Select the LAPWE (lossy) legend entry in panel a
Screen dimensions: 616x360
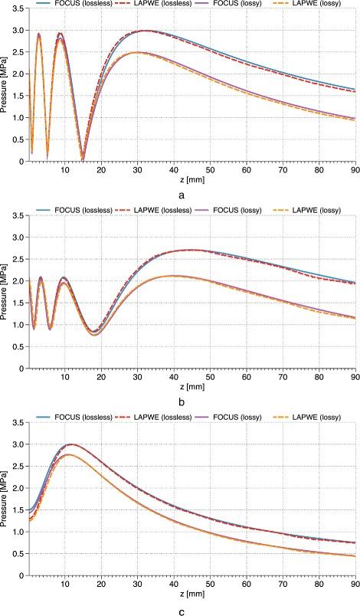click(x=309, y=5)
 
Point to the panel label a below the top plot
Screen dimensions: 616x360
click(x=181, y=195)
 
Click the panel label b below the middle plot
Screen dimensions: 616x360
click(x=181, y=401)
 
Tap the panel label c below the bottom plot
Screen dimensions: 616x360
click(x=181, y=609)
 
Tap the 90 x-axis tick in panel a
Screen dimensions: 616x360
click(x=355, y=169)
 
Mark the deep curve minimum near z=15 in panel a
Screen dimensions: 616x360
click(x=83, y=158)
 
